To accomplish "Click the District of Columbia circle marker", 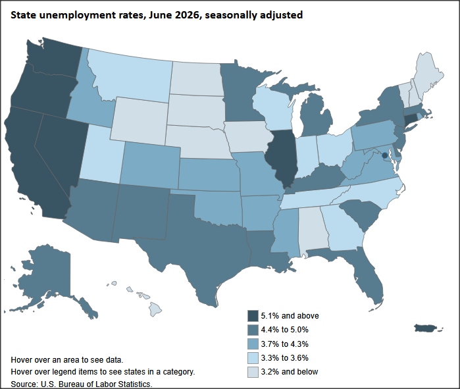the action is coord(384,155).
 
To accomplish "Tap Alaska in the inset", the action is coord(50,278).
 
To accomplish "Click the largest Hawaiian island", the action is coord(155,310).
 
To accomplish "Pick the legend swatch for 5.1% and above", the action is coord(253,316).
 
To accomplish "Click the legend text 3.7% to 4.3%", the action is coord(284,344).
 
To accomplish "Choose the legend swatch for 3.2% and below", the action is coord(253,372).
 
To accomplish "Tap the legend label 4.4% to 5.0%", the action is coord(284,330).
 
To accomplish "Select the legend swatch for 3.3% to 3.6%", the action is coord(253,358).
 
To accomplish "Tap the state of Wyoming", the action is coord(140,122).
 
